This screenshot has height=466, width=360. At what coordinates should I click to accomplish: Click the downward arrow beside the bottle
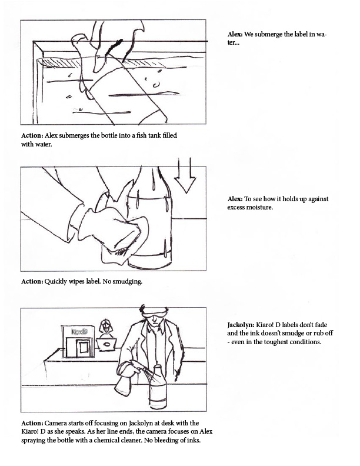tap(185, 176)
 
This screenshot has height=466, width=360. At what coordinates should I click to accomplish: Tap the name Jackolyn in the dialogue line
tap(241, 325)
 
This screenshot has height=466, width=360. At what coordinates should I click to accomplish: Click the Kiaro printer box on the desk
tap(78, 341)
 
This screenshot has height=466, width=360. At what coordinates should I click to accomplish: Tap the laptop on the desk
tap(106, 344)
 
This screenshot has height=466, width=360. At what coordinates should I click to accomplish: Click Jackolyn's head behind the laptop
tap(105, 326)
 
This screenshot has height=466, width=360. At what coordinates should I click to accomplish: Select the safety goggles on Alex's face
tap(154, 312)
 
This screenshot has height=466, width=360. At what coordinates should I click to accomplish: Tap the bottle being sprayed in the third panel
tap(158, 388)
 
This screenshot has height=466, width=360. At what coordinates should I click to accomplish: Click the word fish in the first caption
tap(142, 135)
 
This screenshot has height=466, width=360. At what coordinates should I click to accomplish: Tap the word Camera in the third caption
tap(55, 423)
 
